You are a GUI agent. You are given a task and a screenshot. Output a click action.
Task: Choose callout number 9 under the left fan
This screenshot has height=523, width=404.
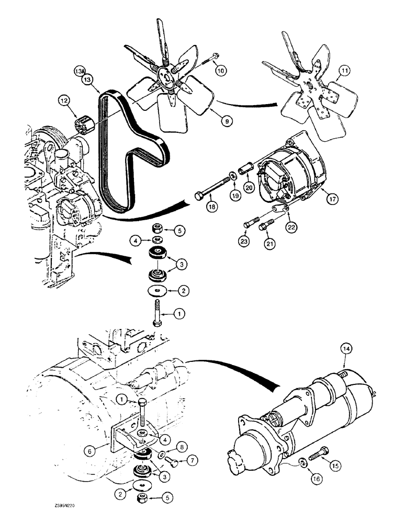(x=227, y=121)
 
